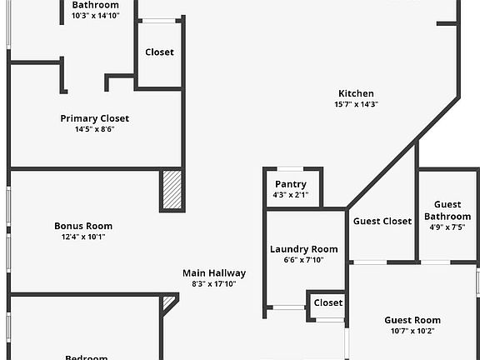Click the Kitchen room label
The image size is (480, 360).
coord(356,93)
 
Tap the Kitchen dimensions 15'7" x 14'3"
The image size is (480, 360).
coord(356,104)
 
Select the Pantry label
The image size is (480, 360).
coord(291,184)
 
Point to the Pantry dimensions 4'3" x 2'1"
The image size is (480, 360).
coord(291,195)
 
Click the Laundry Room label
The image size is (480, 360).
coord(304,249)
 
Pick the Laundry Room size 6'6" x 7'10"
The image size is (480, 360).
coord(303,260)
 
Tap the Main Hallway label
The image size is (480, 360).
coord(214,273)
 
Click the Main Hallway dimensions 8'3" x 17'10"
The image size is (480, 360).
coord(214,284)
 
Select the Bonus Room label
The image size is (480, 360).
coord(83,226)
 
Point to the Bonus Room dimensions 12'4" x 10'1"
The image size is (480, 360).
coord(83,237)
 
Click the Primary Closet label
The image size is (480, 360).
coord(95,118)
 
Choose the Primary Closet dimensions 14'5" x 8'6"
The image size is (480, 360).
coord(95,129)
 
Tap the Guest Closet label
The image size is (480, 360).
coord(382,221)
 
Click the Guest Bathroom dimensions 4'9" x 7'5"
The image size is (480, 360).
coord(447,227)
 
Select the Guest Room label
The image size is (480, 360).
coord(412,320)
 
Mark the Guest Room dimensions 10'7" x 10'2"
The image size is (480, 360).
coord(412,331)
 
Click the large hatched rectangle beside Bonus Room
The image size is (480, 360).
coord(172,190)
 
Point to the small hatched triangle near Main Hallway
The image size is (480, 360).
coord(167,301)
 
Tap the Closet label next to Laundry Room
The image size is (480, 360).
coord(328,302)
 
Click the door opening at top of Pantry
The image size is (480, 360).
coord(290,169)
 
